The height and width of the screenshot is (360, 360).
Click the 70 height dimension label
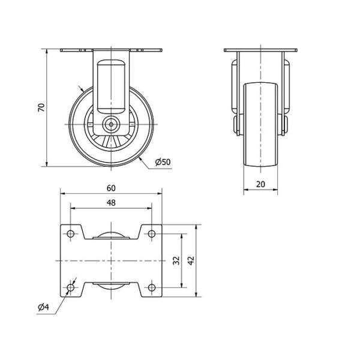click(41, 107)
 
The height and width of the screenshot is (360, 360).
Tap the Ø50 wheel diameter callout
click(163, 162)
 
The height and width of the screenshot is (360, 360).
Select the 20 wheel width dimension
click(260, 184)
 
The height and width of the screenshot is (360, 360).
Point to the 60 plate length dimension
click(111, 188)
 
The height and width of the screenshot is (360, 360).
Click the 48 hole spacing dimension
click(111, 203)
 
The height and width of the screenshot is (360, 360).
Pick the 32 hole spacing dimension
click(176, 260)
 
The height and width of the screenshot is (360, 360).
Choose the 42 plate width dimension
click(191, 260)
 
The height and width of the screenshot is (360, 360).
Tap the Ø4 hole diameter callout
click(43, 307)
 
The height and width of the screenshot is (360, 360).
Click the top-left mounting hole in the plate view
click(70, 234)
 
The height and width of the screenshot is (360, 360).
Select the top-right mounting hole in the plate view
click(152, 234)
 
